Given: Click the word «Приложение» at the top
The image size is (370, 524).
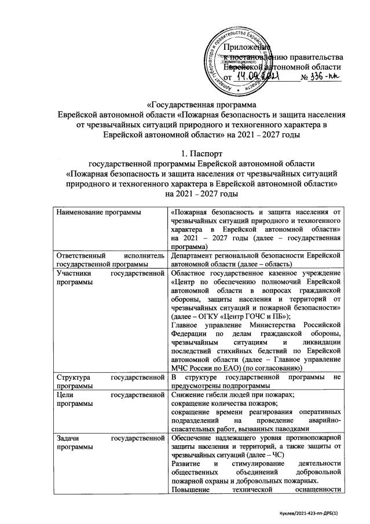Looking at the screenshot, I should pyautogui.click(x=247, y=46).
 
